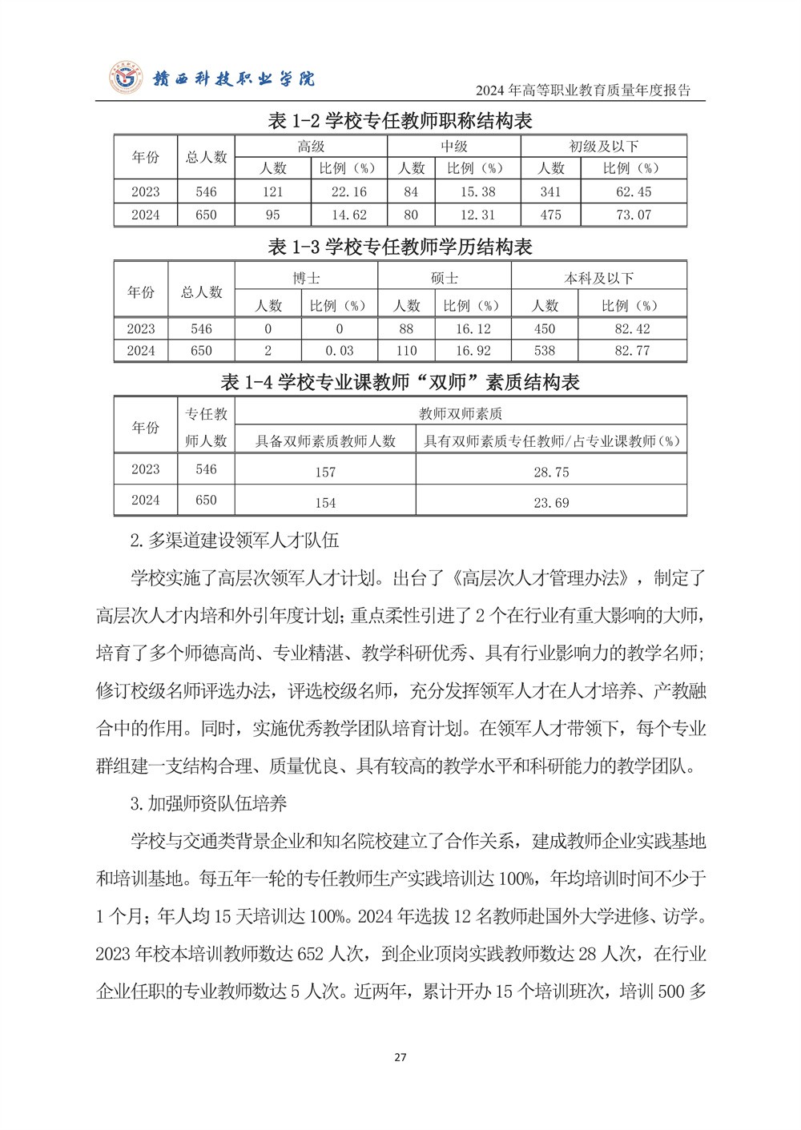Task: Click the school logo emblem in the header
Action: point(126,78)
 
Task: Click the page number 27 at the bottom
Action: point(400,1057)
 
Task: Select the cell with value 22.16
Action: point(348,192)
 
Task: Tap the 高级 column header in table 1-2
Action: point(311,147)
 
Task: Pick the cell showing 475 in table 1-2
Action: point(550,215)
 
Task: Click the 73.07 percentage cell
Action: point(634,215)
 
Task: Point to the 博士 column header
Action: point(306,278)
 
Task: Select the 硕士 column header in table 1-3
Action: point(444,278)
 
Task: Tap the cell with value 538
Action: point(545,351)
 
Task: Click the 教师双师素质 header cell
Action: point(461,414)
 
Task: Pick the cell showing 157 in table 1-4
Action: point(325,472)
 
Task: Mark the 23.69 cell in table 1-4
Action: point(551,503)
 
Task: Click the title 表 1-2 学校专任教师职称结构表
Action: point(400,121)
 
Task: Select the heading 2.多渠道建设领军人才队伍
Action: point(234,541)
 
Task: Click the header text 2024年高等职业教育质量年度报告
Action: point(582,90)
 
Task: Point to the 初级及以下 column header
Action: point(603,147)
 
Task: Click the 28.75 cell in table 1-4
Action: point(551,472)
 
